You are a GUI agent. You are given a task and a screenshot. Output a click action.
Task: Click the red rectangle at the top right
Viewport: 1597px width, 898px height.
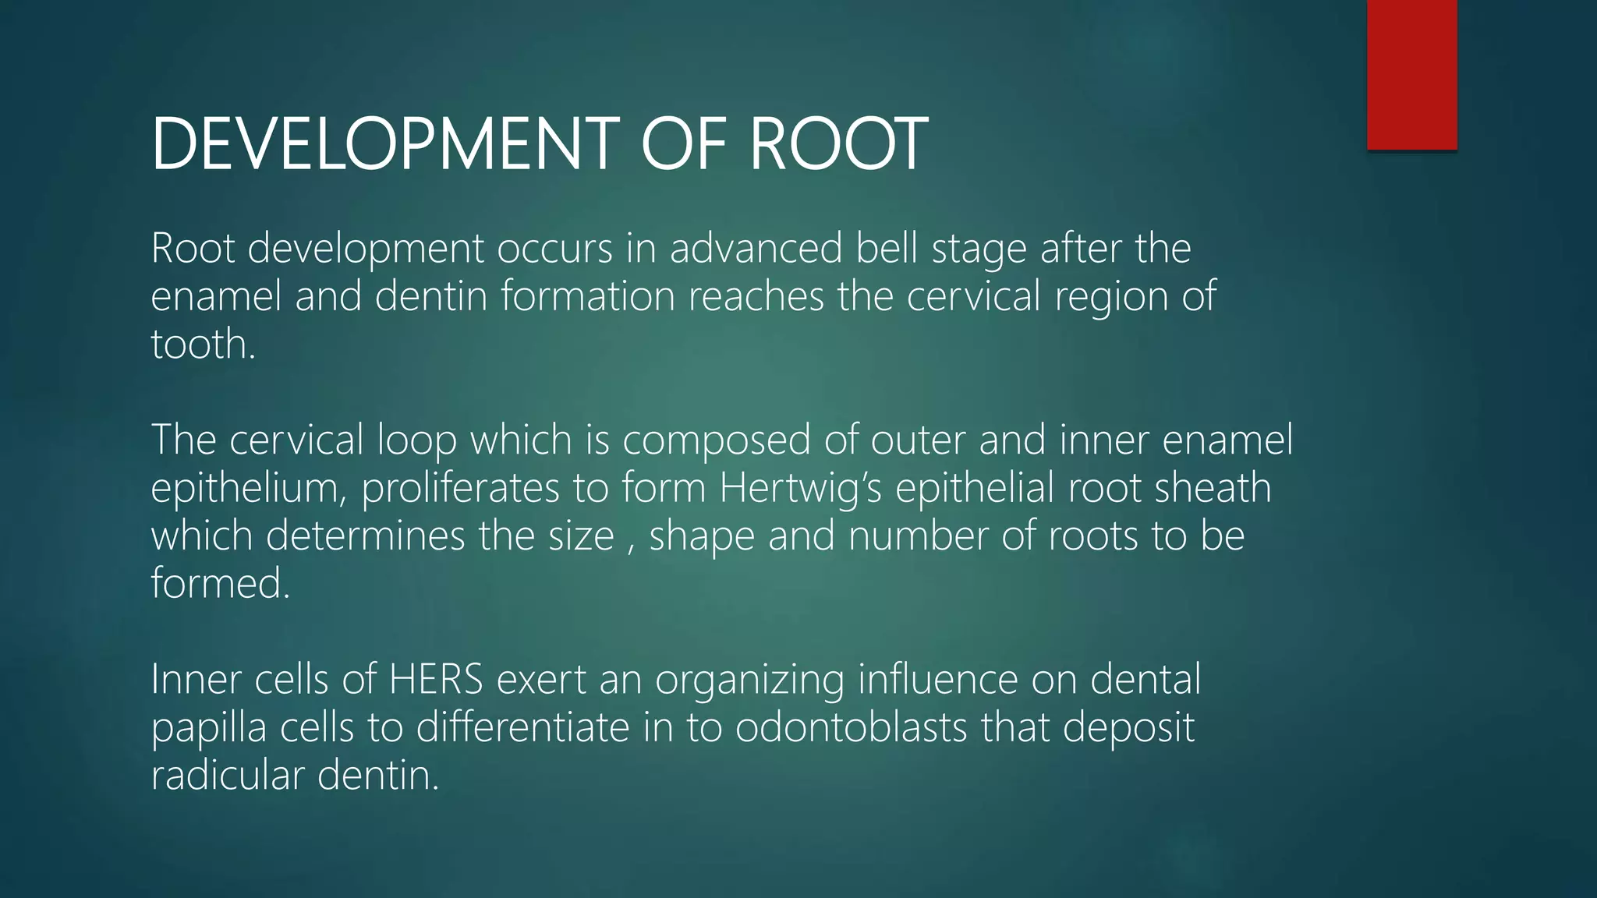(x=1411, y=74)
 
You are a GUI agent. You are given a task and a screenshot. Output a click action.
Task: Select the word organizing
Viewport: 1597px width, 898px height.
(x=749, y=681)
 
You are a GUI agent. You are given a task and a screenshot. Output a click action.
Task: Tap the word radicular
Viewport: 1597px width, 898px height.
(x=227, y=776)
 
